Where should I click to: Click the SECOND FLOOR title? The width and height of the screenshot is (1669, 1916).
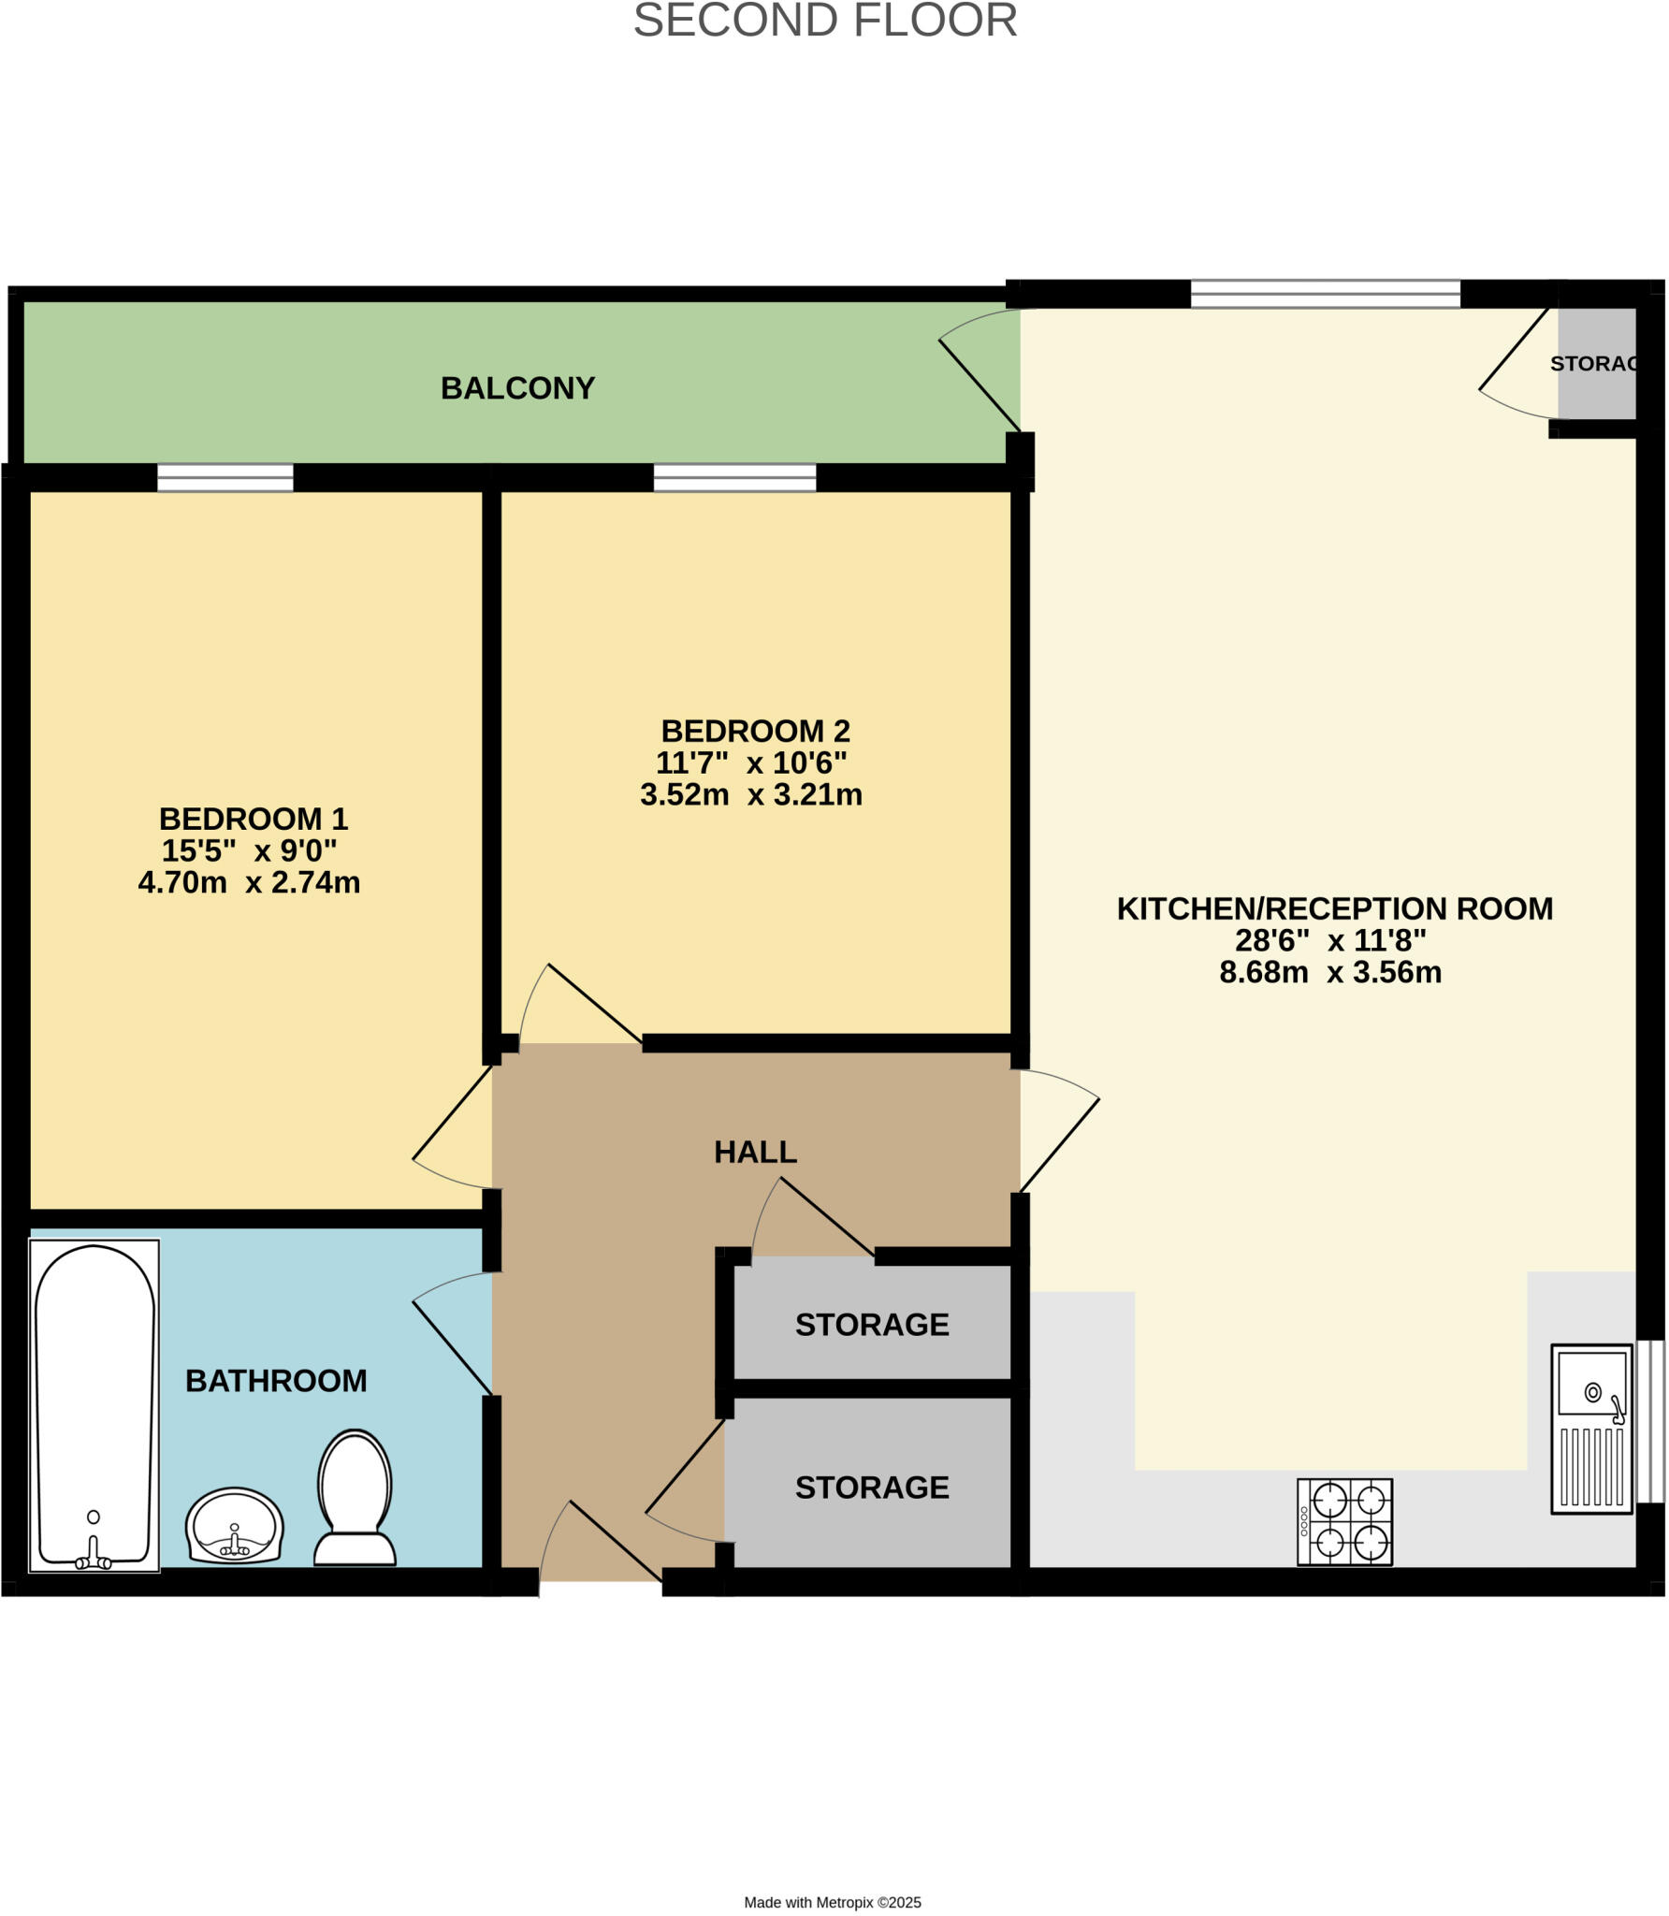(x=825, y=21)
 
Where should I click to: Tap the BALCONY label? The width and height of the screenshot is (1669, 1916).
(x=517, y=388)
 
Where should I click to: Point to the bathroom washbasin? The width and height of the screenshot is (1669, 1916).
(x=235, y=1525)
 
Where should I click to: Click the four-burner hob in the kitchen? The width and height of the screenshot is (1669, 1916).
(x=1344, y=1521)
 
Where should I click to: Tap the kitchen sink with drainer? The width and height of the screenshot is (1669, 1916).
(x=1591, y=1428)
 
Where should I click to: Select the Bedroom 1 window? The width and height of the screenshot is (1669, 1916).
(x=225, y=478)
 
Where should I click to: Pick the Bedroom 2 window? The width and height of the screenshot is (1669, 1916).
(x=734, y=478)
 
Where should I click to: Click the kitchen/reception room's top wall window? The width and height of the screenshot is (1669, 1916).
(x=1325, y=294)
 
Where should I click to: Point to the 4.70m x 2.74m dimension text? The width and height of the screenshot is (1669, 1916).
(x=249, y=882)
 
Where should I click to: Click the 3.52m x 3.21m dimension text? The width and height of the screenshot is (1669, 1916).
(x=751, y=794)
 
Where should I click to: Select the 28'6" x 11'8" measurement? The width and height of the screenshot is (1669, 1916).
(x=1330, y=940)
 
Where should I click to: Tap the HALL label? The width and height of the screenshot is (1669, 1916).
(x=755, y=1152)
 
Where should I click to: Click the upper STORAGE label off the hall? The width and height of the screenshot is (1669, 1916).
(x=872, y=1324)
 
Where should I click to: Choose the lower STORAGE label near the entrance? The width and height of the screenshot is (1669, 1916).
(x=872, y=1487)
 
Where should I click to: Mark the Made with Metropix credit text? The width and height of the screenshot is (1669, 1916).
(x=833, y=1902)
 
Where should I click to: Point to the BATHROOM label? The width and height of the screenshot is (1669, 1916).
(x=276, y=1380)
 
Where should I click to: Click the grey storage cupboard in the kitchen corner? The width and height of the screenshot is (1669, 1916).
(x=1596, y=364)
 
